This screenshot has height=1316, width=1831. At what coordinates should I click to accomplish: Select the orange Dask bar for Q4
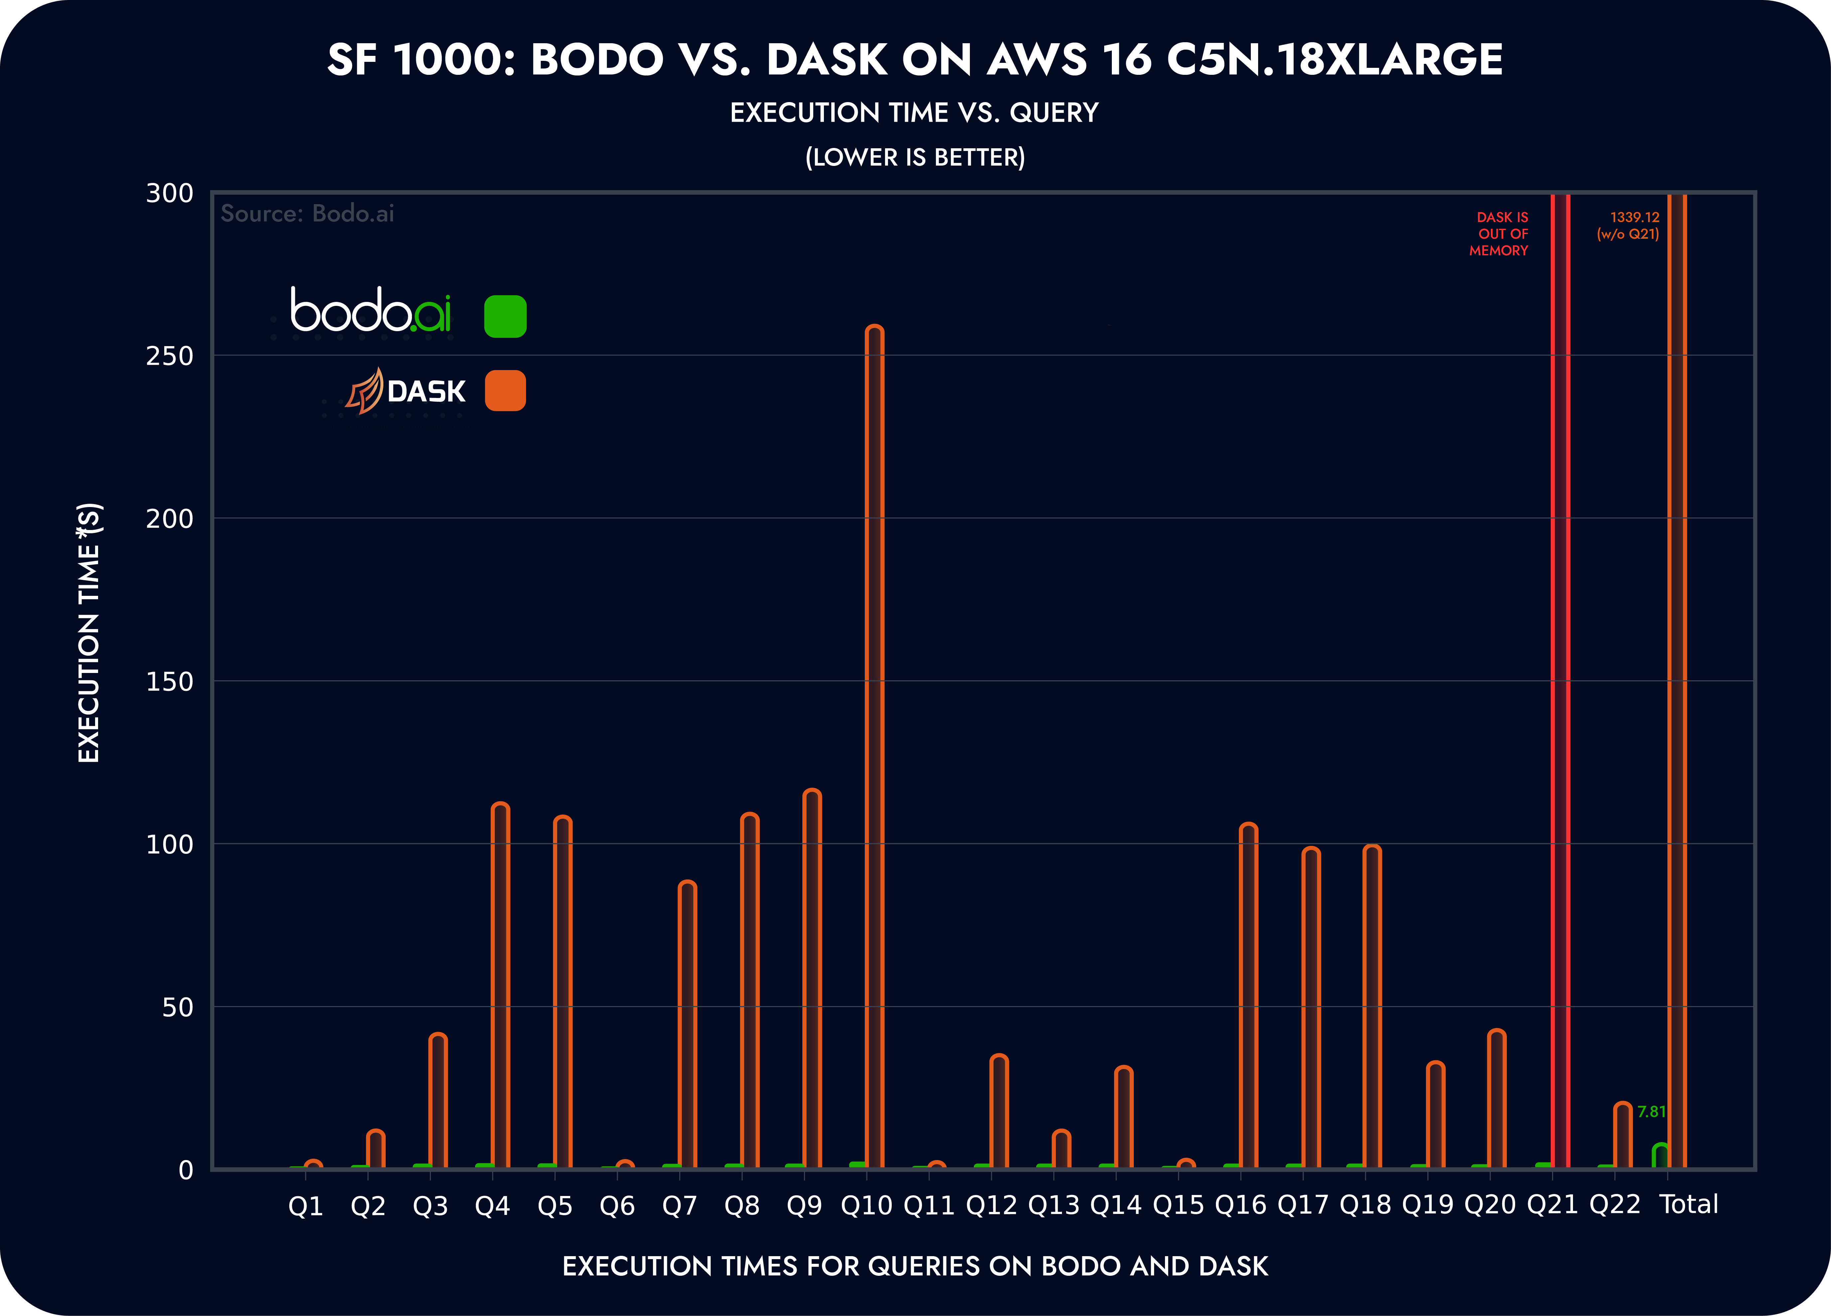click(500, 985)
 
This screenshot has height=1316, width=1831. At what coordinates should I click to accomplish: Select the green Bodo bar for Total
click(1661, 1156)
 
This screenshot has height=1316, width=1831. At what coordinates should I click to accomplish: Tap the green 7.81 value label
click(1651, 1112)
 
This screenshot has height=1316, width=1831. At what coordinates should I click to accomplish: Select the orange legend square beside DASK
click(505, 391)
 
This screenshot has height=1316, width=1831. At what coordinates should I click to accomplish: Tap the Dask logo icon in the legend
click(365, 392)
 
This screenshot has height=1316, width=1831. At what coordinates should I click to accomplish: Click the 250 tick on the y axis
click(170, 356)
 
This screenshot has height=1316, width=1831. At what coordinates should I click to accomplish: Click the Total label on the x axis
click(1689, 1205)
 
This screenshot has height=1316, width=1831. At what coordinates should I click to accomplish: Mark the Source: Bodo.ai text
click(308, 213)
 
